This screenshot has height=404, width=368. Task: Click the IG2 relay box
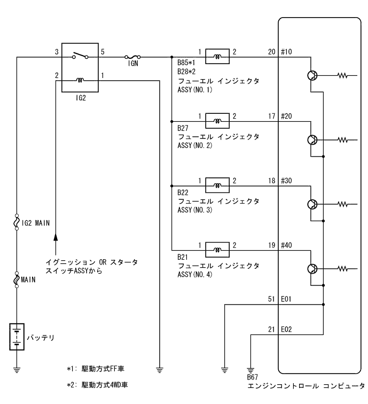[x=80, y=68]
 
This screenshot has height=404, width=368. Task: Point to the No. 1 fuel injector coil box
[x=217, y=56]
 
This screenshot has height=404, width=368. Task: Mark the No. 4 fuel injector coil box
[x=217, y=250]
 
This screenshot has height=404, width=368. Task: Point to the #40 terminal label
[x=287, y=245]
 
